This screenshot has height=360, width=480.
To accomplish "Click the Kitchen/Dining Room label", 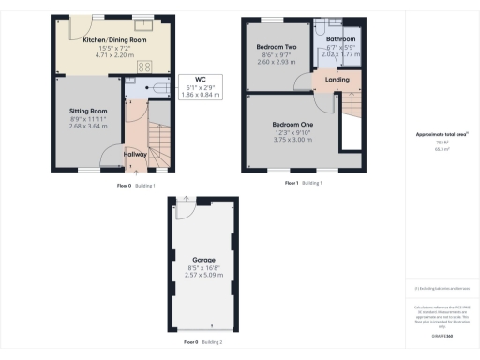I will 115,40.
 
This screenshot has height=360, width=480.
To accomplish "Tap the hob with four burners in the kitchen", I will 145,67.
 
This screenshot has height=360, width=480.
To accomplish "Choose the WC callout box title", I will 200,79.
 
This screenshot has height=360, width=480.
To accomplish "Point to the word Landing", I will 337,80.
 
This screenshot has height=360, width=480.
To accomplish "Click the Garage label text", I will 203,259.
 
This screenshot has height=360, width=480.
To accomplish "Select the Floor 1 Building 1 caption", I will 304,183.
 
